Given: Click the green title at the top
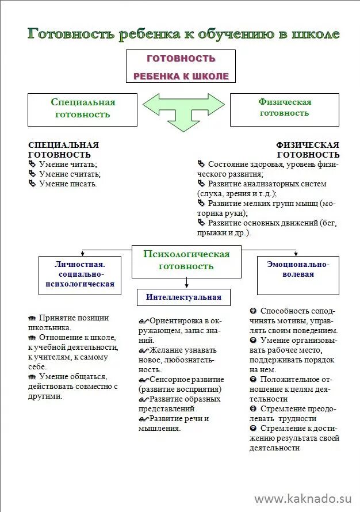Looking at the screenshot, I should (183, 34).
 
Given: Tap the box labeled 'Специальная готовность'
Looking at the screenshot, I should (83, 108).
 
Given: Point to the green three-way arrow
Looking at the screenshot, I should (183, 107).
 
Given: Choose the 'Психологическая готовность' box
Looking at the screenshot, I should (186, 260).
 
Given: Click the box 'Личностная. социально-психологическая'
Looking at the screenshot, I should (80, 274).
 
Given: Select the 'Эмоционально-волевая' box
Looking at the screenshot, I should (297, 269).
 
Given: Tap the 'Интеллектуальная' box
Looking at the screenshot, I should (183, 297).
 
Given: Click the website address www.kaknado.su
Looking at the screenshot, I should (302, 498).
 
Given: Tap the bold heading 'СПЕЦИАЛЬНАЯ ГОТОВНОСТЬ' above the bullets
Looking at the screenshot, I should (63, 150).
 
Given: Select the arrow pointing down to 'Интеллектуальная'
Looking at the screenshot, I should (186, 282).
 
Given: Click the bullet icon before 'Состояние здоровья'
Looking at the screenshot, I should (201, 164).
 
